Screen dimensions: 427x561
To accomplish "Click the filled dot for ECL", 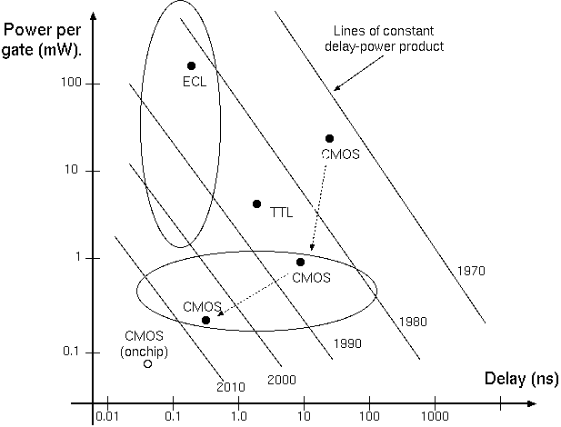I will pos(191,65).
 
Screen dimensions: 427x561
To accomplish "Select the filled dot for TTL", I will pos(256,204).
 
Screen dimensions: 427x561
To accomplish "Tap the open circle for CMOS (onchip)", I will pos(147,363).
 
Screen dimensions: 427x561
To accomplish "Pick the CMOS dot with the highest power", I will pos(329,138).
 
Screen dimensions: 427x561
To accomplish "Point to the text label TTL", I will pos(283,213).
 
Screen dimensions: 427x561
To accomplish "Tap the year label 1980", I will pos(412,322).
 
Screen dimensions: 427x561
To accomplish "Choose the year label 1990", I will pos(348,343).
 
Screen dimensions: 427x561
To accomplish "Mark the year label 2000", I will pos(283,379).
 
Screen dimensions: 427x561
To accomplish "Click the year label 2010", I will pos(231,387).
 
